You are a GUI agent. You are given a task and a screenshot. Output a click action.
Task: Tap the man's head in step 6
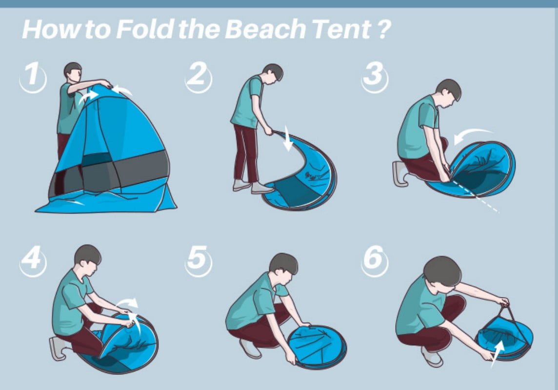(442, 272)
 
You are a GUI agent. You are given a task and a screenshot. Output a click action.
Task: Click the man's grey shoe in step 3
(400, 174)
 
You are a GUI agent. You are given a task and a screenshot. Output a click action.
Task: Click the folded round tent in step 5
(317, 347)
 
